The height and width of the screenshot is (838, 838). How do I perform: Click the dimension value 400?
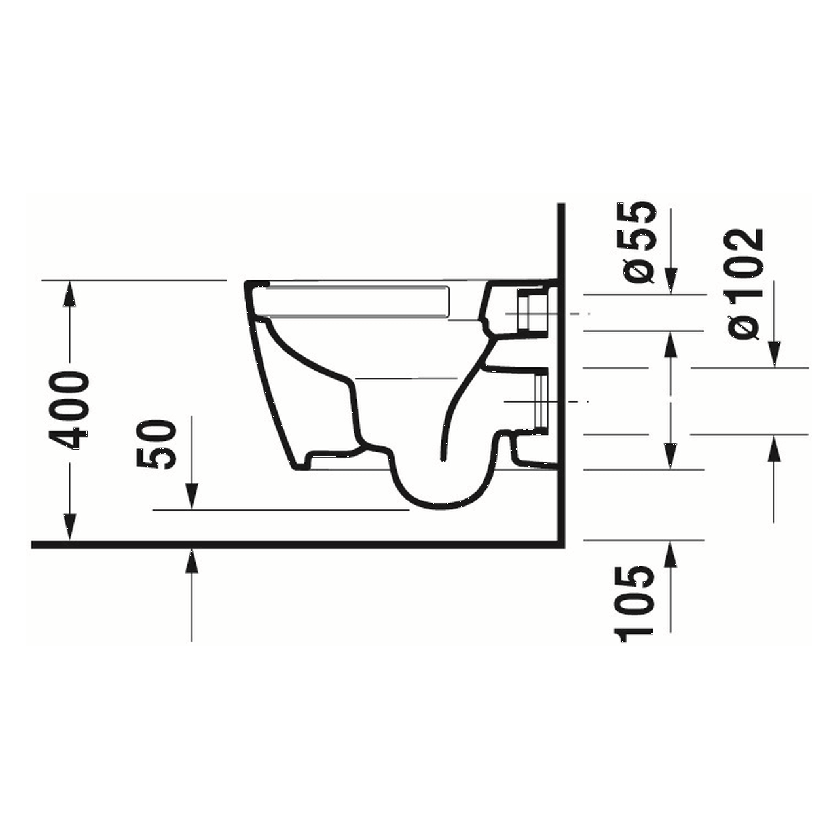[x=71, y=410]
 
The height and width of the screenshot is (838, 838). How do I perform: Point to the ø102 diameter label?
[x=747, y=283]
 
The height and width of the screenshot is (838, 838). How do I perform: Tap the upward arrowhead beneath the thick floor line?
[x=192, y=558]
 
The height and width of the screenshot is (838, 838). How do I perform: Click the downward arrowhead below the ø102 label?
[x=775, y=355]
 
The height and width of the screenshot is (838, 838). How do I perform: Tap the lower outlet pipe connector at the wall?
[x=539, y=401]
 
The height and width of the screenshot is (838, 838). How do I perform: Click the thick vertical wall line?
[x=561, y=373]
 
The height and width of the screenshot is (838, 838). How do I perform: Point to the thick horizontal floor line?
[x=295, y=544]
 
